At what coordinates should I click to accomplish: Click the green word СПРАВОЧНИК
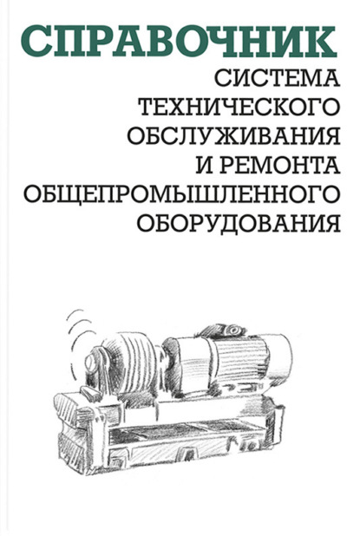pos(179,41)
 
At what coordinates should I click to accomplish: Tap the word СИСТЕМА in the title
pos(277,77)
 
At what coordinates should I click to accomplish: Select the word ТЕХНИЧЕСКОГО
pos(240,107)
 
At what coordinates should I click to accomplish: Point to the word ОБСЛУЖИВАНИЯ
pos(234,135)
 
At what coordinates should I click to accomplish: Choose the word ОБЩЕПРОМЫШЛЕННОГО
pos(181,193)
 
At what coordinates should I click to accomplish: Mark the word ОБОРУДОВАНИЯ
pos(239,223)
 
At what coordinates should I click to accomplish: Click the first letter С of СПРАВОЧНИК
pos(36,41)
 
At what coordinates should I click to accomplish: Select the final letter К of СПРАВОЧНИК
pos(319,41)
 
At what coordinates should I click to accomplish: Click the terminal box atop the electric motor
pos(223,330)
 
